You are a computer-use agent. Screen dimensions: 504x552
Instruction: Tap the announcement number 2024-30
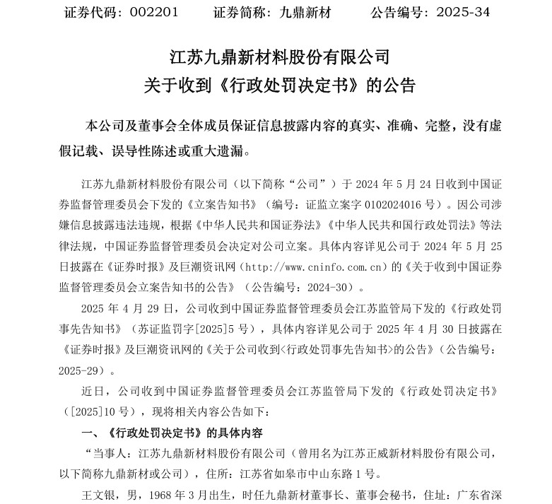(x=337, y=288)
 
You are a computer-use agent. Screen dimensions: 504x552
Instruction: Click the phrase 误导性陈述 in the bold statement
(x=145, y=151)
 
